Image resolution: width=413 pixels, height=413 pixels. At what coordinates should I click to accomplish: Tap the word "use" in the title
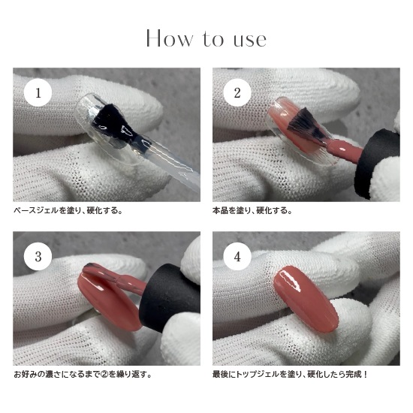tap(247, 38)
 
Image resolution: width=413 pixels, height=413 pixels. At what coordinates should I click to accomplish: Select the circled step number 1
tap(38, 94)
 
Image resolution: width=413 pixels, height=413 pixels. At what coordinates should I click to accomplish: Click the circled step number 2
tap(237, 94)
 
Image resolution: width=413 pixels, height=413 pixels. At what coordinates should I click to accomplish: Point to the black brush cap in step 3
tap(169, 297)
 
